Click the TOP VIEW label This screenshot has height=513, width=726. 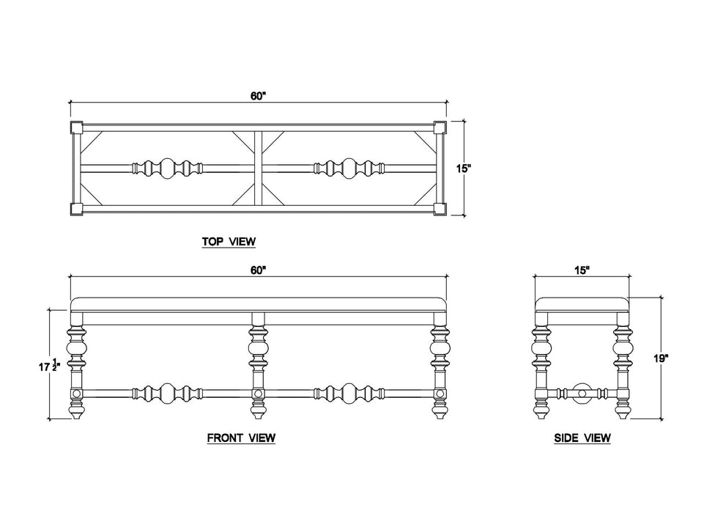(229, 240)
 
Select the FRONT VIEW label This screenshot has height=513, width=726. (241, 438)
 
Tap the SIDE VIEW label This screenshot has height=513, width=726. (582, 438)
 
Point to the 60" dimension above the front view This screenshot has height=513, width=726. (257, 270)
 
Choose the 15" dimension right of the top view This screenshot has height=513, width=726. (463, 169)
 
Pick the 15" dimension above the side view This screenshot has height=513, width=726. (582, 270)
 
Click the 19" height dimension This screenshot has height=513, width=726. (662, 358)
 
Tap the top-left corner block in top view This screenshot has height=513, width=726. (77, 128)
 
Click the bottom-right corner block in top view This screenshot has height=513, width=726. (440, 208)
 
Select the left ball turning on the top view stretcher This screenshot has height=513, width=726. (167, 169)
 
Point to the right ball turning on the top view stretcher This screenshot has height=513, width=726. (348, 169)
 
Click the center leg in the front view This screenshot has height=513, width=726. (257, 366)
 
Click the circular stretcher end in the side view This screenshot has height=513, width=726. (583, 392)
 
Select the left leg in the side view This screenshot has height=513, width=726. (542, 366)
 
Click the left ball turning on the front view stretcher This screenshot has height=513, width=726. (167, 393)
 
